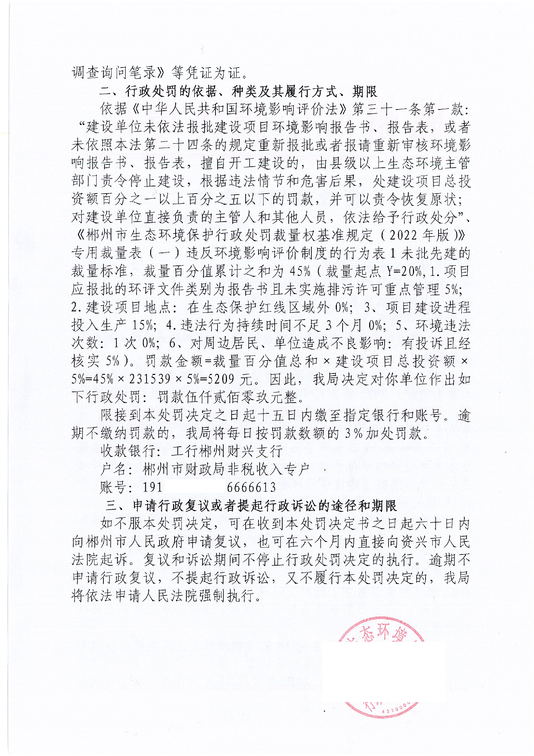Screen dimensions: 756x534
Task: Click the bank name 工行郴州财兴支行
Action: [227, 451]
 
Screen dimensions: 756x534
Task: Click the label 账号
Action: [113, 487]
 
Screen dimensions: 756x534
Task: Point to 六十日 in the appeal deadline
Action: [437, 524]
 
